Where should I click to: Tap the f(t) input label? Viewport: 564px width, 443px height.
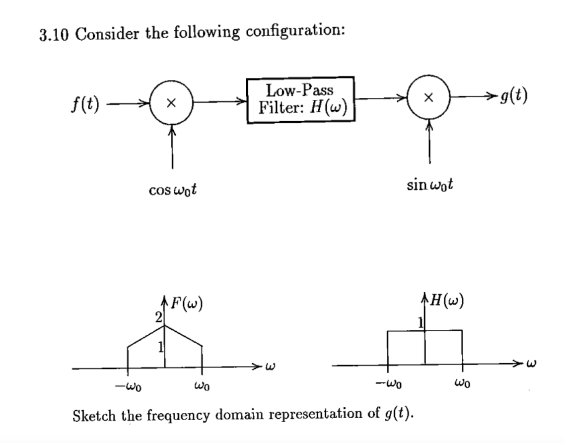[85, 105]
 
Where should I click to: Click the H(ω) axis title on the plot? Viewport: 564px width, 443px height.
[445, 302]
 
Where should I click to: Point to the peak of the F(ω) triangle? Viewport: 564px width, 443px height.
[164, 325]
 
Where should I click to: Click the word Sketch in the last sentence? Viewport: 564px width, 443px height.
[93, 415]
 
